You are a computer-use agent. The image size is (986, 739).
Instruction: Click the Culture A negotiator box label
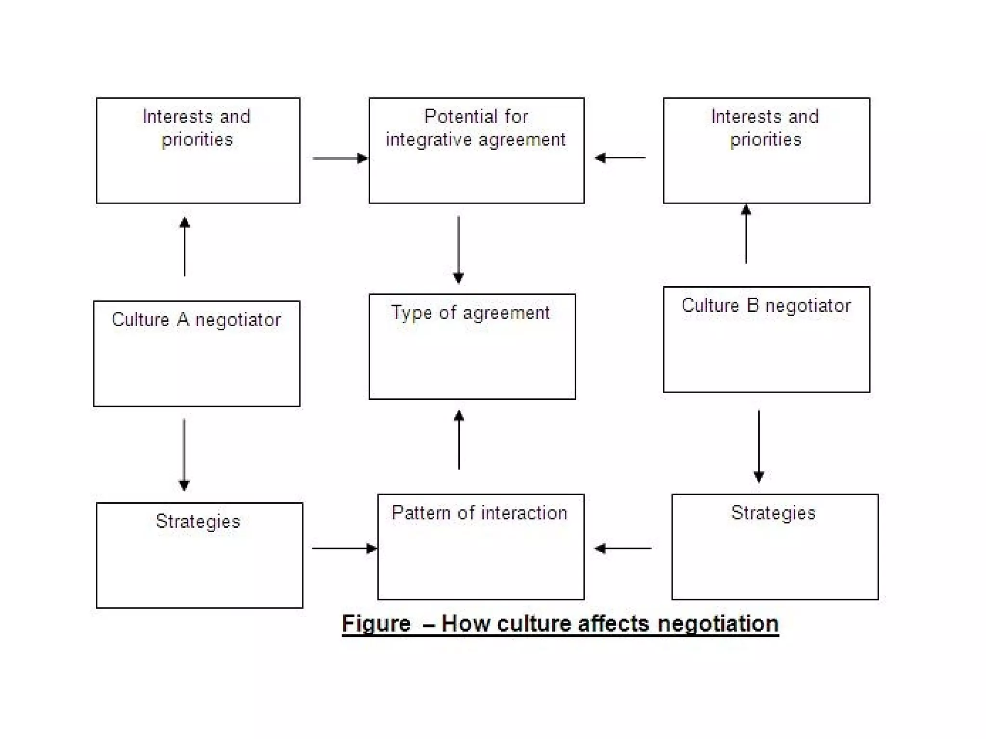[196, 320]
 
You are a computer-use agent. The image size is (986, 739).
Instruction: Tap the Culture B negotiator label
[766, 306]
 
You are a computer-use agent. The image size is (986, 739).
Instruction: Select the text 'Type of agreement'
[470, 313]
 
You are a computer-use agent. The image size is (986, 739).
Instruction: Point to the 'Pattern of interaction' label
[480, 513]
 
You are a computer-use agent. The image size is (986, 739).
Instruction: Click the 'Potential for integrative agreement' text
[476, 128]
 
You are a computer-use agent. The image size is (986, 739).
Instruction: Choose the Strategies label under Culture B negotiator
[773, 513]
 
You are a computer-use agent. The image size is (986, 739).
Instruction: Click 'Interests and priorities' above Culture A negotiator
[197, 128]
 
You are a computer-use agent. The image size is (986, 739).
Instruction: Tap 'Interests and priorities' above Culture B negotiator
[765, 128]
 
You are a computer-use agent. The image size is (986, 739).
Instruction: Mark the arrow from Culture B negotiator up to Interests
[746, 234]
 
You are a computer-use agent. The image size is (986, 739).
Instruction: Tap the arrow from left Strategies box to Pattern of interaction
[344, 548]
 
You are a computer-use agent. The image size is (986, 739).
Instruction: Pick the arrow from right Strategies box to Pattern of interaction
[623, 548]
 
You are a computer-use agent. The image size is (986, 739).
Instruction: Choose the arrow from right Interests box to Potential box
[620, 157]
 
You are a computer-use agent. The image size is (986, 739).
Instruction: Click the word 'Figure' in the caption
[376, 624]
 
